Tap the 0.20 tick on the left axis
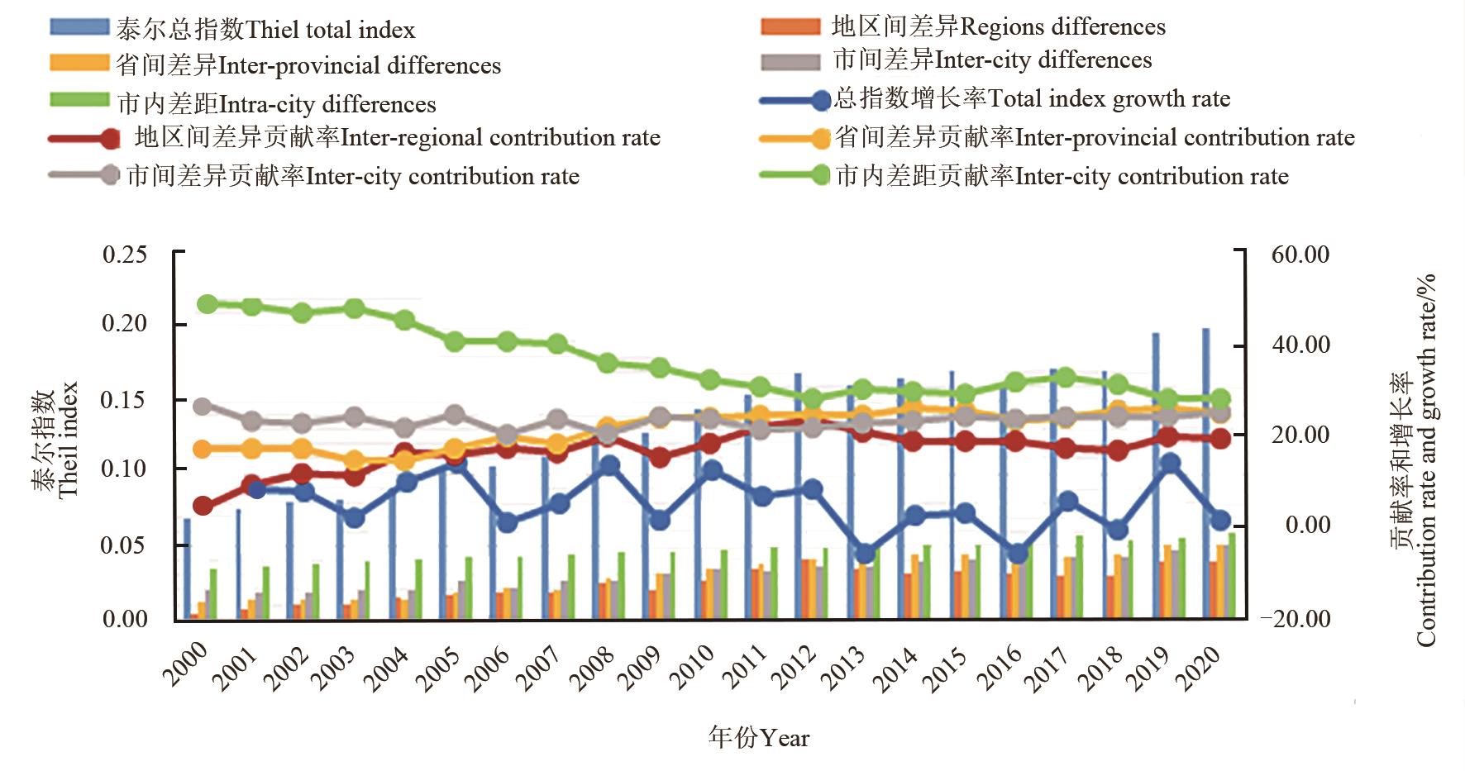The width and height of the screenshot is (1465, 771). tap(124, 323)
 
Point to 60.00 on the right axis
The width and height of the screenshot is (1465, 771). tap(1300, 255)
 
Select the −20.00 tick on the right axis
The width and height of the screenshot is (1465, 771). tap(1296, 618)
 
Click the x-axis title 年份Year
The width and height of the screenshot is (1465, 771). tap(758, 737)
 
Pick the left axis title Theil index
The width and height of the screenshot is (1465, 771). tap(68, 440)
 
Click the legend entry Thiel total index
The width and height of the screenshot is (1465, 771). tap(265, 31)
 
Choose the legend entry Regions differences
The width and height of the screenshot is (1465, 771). tap(999, 27)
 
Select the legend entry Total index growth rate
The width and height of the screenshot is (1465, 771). tap(1032, 99)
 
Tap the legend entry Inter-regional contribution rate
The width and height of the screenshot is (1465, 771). tap(397, 138)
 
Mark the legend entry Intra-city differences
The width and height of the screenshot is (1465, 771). tap(276, 105)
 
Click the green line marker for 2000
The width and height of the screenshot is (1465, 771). tap(208, 304)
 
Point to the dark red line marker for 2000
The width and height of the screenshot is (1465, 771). tap(203, 506)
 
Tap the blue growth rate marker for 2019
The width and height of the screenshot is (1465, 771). tap(1169, 464)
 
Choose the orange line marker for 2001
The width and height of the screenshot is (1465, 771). tap(252, 450)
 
